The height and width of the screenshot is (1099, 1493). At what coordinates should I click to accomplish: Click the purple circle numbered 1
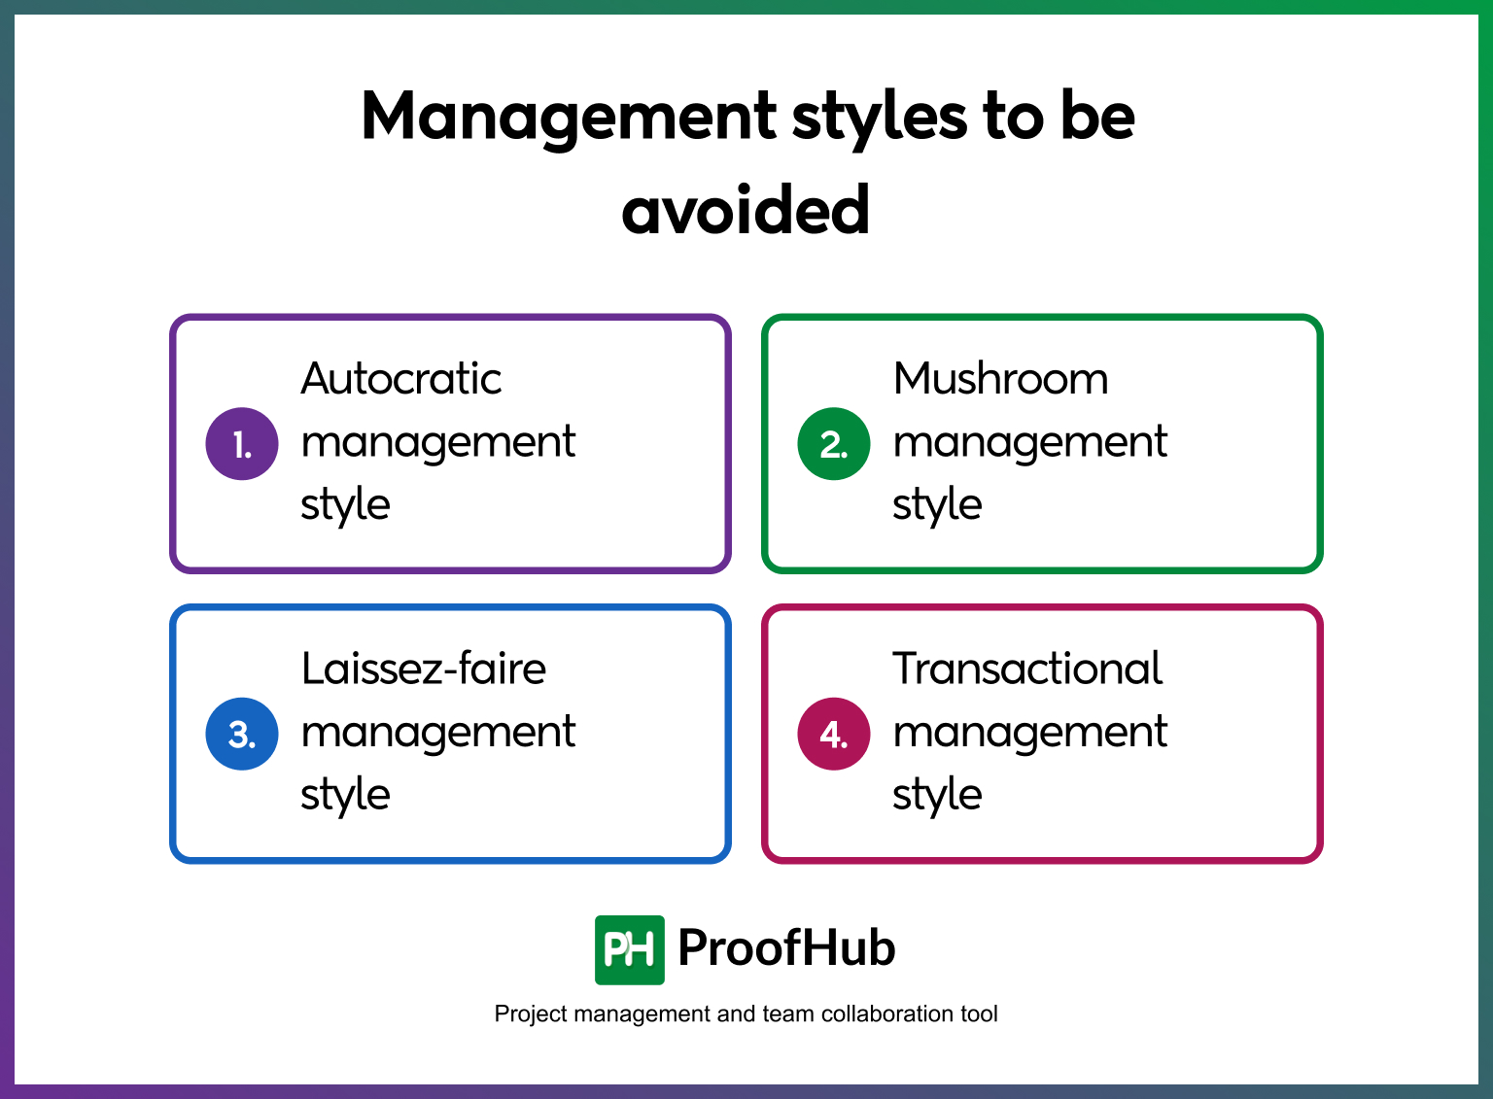[x=242, y=444]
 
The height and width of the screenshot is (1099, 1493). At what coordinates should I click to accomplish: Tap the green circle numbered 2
[x=834, y=444]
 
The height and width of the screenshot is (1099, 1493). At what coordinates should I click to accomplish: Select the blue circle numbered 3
[x=242, y=734]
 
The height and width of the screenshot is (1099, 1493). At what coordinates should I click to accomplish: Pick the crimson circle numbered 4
[x=834, y=734]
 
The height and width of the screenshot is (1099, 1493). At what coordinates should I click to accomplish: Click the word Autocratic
[x=401, y=379]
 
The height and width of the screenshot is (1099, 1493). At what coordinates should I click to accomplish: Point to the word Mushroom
[x=1000, y=379]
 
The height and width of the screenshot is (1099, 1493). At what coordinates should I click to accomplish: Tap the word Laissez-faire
[x=424, y=669]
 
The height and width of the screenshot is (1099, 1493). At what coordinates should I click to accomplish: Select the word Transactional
[x=1027, y=669]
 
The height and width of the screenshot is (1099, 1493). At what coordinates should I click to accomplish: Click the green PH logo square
[x=630, y=949]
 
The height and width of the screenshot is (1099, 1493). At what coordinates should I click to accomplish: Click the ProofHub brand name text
[x=786, y=947]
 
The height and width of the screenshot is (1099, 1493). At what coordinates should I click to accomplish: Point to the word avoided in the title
[x=746, y=210]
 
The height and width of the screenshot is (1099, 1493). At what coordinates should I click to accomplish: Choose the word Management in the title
[x=569, y=118]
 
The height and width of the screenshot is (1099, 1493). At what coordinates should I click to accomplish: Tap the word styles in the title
[x=879, y=118]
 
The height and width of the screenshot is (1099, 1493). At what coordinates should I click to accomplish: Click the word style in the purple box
[x=345, y=505]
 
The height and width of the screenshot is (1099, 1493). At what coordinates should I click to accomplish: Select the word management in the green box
[x=1029, y=443]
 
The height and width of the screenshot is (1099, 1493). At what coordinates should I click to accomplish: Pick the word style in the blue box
[x=345, y=795]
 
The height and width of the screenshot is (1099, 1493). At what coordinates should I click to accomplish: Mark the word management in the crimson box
[x=1029, y=733]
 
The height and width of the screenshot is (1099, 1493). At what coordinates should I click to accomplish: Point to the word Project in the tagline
[x=531, y=1014]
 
